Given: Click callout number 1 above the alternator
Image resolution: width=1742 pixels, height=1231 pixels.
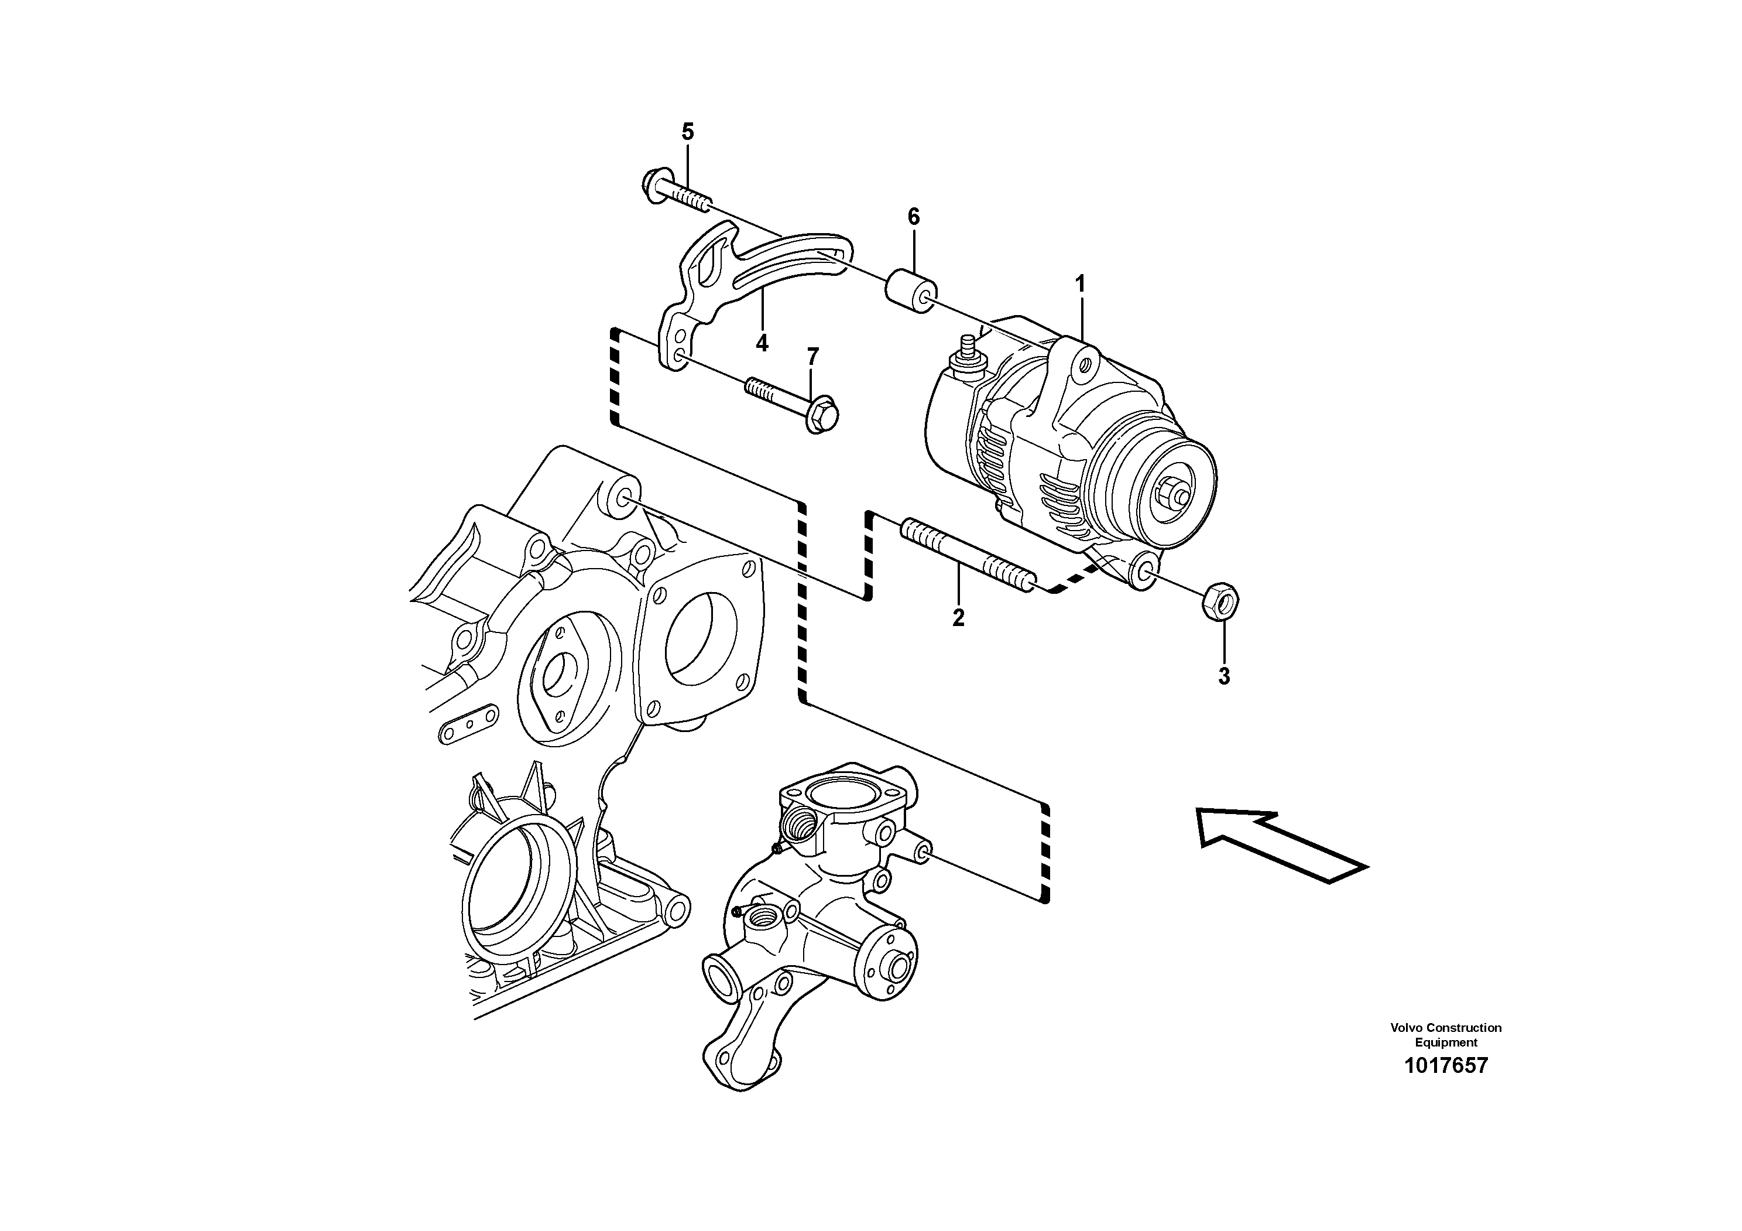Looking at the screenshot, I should pyautogui.click(x=1079, y=285).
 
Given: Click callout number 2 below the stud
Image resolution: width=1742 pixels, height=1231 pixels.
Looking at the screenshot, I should pyautogui.click(x=958, y=618).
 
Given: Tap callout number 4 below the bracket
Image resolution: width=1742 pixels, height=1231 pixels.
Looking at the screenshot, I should pyautogui.click(x=762, y=343).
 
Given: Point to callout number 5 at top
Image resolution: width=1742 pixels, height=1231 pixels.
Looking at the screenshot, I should pyautogui.click(x=687, y=132).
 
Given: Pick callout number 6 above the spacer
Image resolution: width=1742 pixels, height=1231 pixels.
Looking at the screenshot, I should pyautogui.click(x=914, y=217).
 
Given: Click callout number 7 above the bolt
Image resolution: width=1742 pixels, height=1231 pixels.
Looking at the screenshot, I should pyautogui.click(x=812, y=356).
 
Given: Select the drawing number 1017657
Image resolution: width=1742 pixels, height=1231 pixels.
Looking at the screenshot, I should pyautogui.click(x=1445, y=1065).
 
